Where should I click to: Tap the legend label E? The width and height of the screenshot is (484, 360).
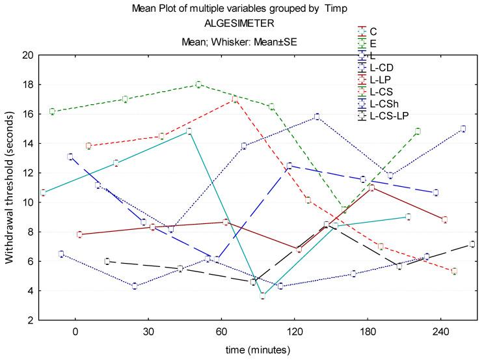(x=372, y=43)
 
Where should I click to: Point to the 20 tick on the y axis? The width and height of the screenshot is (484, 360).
(x=28, y=55)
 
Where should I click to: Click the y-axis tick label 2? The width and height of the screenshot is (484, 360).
(x=31, y=320)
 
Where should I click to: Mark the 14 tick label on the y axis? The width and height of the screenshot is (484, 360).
(x=28, y=143)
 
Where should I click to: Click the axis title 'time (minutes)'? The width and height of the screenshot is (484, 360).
(x=258, y=350)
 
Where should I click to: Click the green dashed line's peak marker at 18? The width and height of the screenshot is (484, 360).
(x=198, y=85)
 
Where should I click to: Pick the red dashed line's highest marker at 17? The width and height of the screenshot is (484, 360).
(x=234, y=99)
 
